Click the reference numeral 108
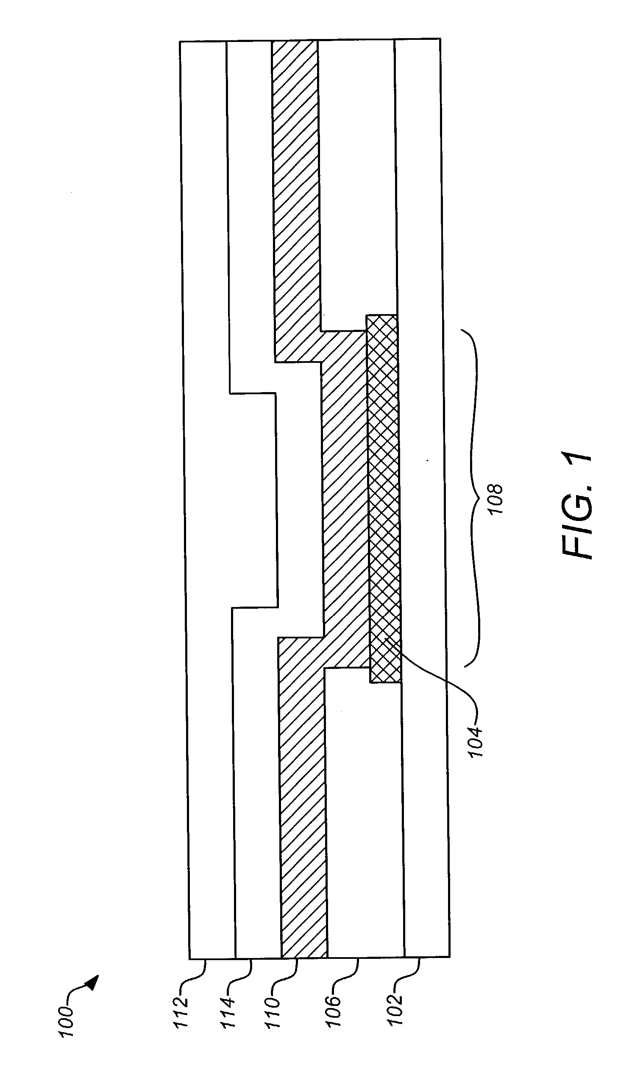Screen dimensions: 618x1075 coord(496,500)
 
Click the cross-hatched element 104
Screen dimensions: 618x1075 coord(384,499)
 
